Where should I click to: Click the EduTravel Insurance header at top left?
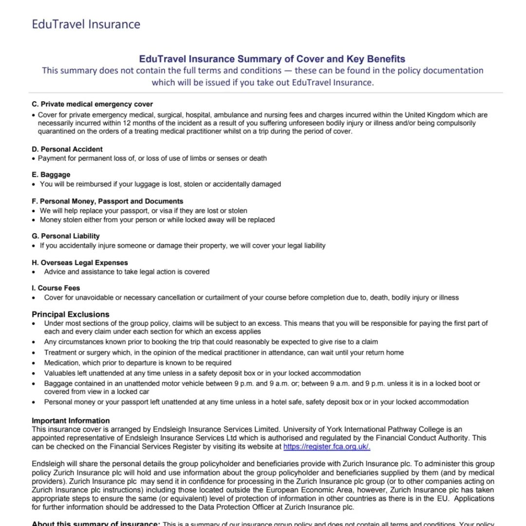[86, 24]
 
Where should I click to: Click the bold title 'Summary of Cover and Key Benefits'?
[272, 59]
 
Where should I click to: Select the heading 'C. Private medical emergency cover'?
[92, 104]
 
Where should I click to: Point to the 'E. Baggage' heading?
[51, 175]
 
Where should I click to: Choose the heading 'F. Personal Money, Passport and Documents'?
[107, 201]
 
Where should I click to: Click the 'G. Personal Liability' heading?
[66, 236]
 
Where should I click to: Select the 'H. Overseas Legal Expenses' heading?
[80, 263]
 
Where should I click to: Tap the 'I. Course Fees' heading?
[56, 288]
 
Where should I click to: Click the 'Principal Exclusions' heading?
[71, 314]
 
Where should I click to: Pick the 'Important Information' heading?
[71, 421]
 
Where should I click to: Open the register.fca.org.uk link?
[327, 446]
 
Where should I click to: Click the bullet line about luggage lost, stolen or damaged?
[160, 184]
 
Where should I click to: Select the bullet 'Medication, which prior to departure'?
[138, 363]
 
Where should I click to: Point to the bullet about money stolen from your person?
[157, 220]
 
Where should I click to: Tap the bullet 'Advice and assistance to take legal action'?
[127, 272]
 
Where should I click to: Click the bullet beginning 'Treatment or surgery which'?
[224, 353]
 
